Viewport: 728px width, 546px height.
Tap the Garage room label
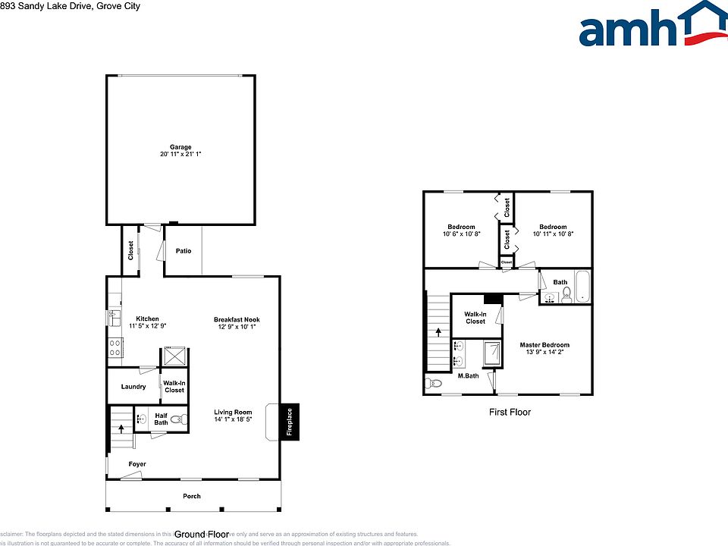coord(180,147)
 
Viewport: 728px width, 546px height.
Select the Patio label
coord(184,251)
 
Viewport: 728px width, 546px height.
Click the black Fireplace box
coord(289,421)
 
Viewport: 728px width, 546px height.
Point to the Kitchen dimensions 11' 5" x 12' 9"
coord(147,326)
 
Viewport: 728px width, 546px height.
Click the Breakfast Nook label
coord(237,320)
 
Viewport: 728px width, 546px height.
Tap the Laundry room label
coord(133,387)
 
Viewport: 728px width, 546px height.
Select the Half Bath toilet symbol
coord(177,419)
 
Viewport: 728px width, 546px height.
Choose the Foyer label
coord(137,464)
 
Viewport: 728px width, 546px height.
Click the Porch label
coord(192,497)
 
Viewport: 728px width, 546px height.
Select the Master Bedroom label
coord(544,345)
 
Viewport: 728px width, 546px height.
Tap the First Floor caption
coord(510,413)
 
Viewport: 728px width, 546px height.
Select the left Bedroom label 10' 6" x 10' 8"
coord(461,227)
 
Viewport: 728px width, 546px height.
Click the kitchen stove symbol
coord(116,347)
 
